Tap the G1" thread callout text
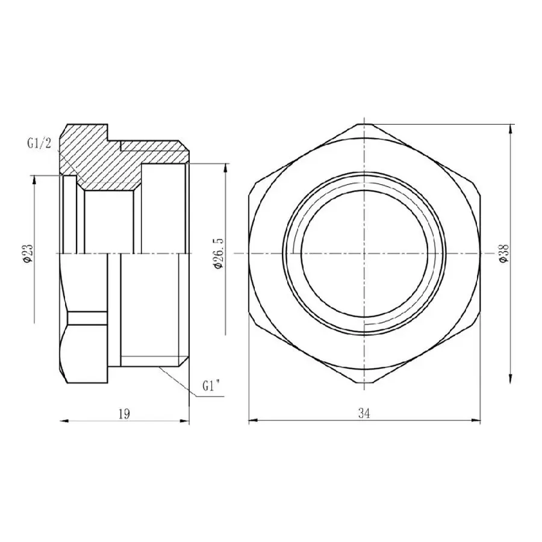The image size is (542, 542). tap(213, 386)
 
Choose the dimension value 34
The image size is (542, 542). tap(364, 413)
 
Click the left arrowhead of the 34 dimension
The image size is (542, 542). tap(252, 420)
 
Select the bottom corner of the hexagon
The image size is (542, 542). tap(364, 383)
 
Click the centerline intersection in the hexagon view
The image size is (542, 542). tap(364, 254)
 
